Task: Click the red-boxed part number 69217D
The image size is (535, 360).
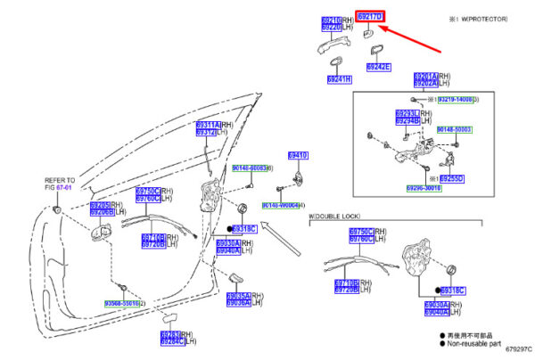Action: coord(368,17)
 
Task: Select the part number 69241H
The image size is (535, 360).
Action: coord(339,79)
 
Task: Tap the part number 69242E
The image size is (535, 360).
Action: coord(378,67)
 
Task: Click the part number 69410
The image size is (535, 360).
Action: coord(297,155)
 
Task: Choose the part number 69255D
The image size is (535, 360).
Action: coord(454,178)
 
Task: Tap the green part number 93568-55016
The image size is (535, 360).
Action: coord(120,304)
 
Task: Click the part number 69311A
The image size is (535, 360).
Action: coord(206,125)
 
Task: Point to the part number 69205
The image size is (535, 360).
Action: coord(98,205)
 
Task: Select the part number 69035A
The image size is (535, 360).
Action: coord(237,295)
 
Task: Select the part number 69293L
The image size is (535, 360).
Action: coord(407,113)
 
